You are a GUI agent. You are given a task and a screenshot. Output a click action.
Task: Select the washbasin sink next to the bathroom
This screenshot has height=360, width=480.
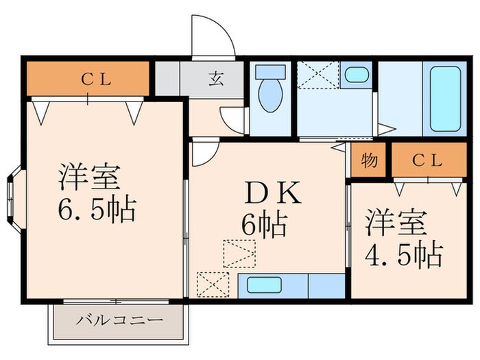[355, 75]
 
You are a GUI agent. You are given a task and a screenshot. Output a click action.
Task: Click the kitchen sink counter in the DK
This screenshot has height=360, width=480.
[291, 285]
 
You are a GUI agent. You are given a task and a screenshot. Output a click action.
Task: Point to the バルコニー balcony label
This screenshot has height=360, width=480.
[119, 320]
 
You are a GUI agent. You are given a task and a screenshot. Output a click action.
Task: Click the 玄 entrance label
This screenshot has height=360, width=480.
[214, 77]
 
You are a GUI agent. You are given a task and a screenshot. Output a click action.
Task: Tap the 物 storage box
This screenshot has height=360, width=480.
[369, 163]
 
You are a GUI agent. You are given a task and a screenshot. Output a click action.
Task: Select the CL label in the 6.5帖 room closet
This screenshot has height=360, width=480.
[96, 77]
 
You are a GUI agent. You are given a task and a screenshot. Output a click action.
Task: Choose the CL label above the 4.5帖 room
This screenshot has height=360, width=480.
[428, 161]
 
